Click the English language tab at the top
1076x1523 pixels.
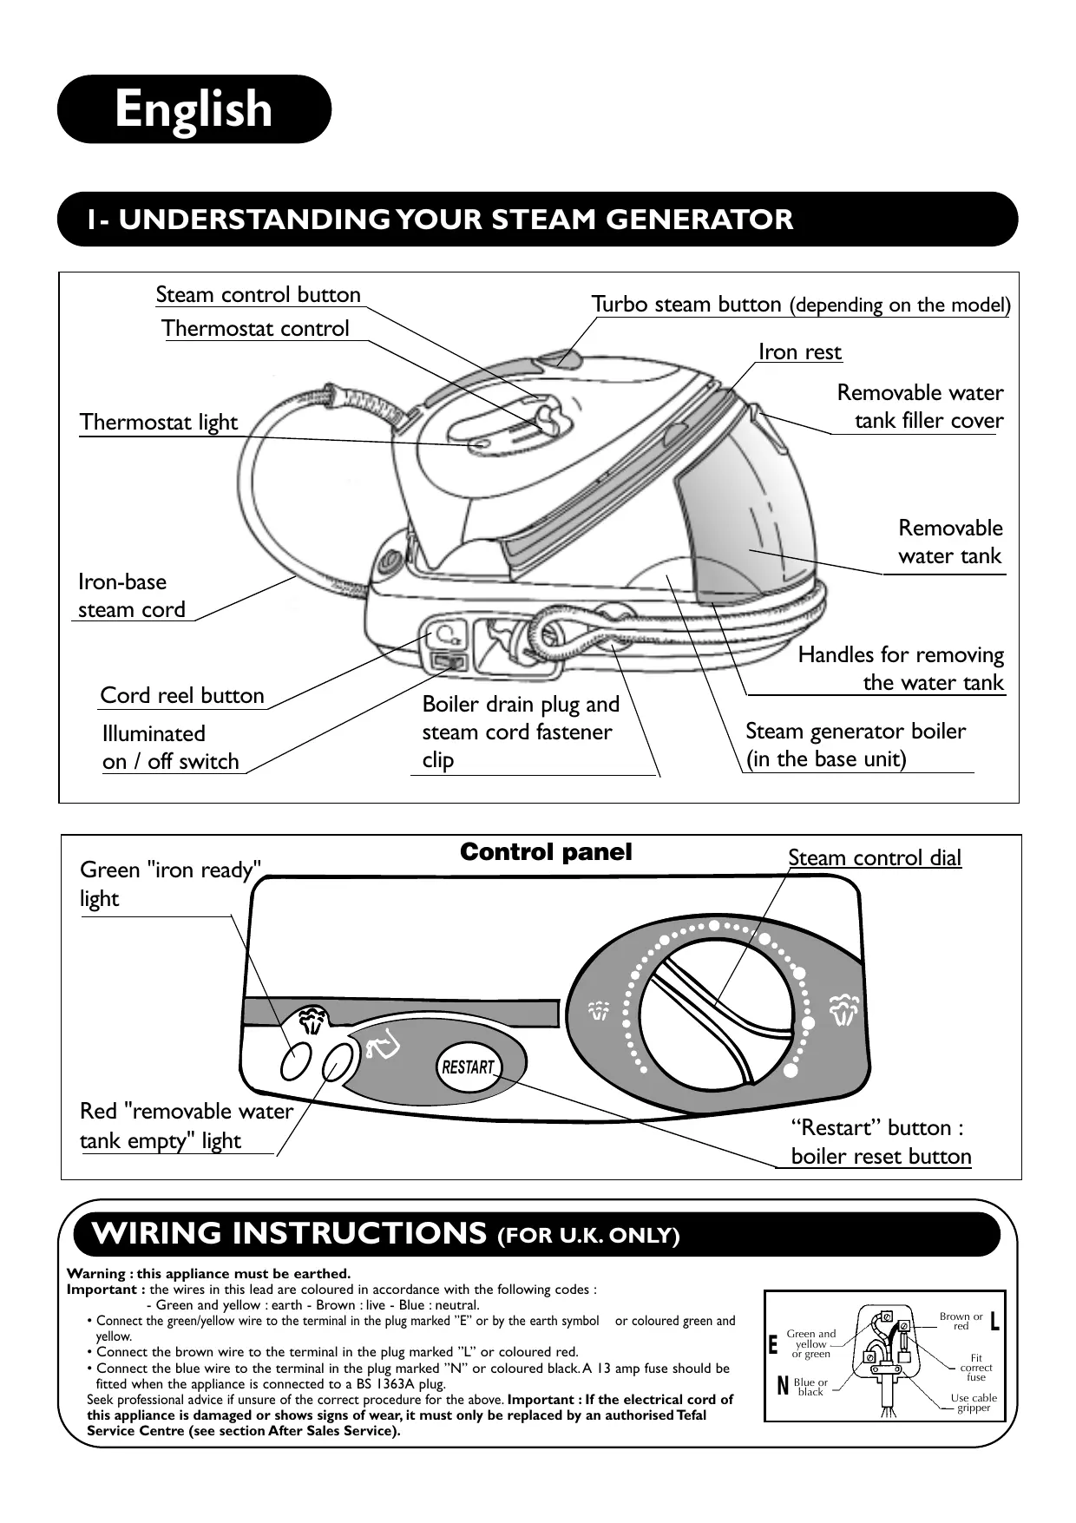coord(194,109)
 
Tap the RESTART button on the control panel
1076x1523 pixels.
coord(468,1067)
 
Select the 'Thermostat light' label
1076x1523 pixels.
coord(159,423)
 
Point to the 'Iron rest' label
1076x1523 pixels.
coord(800,351)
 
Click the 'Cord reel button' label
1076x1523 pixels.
coord(182,695)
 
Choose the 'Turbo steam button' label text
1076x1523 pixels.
coord(686,304)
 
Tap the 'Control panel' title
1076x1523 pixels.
coord(546,852)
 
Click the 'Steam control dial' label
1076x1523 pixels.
coord(875,857)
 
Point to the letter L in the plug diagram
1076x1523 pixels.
coord(994,1322)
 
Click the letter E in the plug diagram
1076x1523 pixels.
coord(772,1345)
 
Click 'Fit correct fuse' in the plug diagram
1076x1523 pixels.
coord(976,1368)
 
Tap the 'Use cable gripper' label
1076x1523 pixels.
coord(974,1402)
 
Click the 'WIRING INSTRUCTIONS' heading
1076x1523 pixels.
coord(289,1233)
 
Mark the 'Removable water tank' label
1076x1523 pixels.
coord(950,542)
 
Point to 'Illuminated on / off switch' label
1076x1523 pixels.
coord(171,747)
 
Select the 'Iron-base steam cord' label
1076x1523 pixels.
coord(132,595)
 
